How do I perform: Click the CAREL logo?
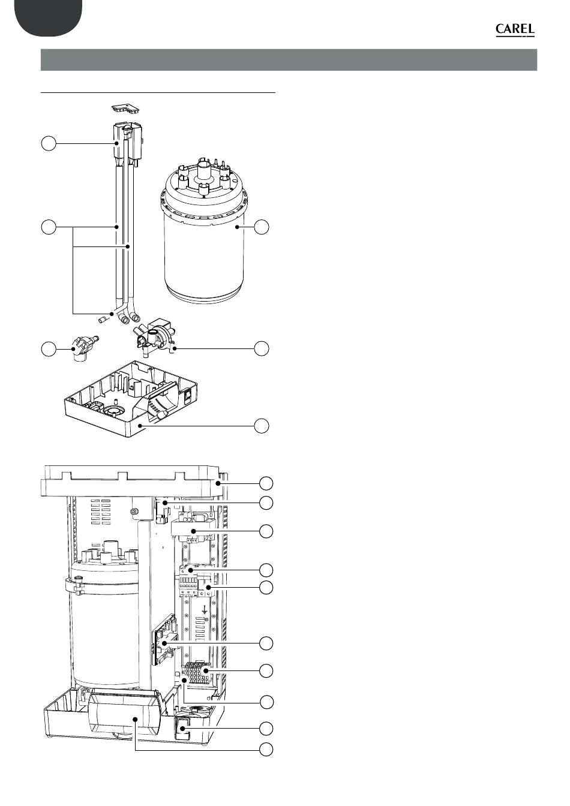(x=514, y=30)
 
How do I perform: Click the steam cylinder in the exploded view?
(x=205, y=240)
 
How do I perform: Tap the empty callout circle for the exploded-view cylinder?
(x=262, y=227)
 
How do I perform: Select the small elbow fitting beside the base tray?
(x=82, y=347)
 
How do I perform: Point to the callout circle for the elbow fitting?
(x=48, y=348)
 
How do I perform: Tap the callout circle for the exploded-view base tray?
(x=262, y=426)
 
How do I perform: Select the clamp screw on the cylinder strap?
(x=78, y=579)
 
